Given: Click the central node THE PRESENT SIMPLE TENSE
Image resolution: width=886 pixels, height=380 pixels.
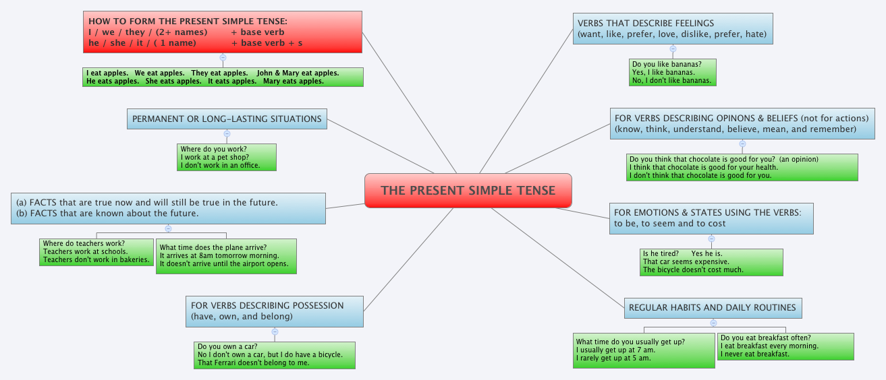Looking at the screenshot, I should click(x=468, y=190).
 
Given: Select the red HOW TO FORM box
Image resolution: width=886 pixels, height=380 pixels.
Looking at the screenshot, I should click(x=223, y=32).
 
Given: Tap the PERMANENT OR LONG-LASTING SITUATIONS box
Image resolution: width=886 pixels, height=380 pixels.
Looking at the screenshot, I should click(x=227, y=119).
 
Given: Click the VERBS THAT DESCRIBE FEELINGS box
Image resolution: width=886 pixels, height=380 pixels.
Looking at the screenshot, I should click(x=672, y=28).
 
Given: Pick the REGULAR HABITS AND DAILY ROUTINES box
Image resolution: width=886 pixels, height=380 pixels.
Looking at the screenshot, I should click(x=713, y=307).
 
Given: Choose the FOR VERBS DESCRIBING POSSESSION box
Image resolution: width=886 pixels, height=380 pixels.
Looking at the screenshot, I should click(x=275, y=311).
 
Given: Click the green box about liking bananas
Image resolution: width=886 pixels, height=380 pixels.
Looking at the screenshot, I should click(x=672, y=72).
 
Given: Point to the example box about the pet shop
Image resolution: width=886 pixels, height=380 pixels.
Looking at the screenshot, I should click(x=227, y=157).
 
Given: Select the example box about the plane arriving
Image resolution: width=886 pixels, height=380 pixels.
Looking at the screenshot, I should click(x=225, y=255).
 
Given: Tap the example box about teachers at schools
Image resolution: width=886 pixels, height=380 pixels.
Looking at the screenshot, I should click(x=96, y=251).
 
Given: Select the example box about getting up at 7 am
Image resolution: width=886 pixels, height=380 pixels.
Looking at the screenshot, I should click(x=644, y=350).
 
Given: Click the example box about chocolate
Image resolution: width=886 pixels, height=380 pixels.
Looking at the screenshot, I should click(x=742, y=167).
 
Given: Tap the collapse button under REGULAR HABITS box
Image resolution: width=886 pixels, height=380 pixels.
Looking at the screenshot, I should click(x=713, y=323).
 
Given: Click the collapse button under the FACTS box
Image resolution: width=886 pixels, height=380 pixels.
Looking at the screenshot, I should click(x=168, y=228).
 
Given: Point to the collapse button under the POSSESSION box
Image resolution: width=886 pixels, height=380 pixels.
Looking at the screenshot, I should click(x=275, y=331).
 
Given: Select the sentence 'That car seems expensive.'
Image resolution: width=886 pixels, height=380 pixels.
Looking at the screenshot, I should click(x=686, y=261).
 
